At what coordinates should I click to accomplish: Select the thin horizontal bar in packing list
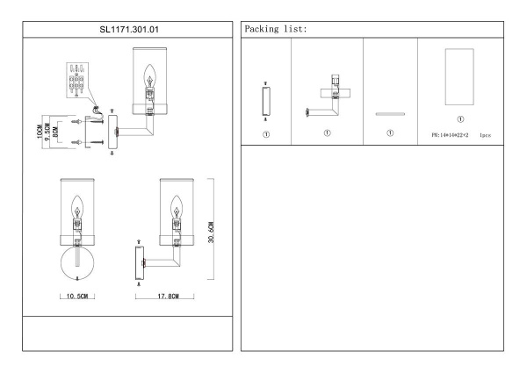tap(388, 113)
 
